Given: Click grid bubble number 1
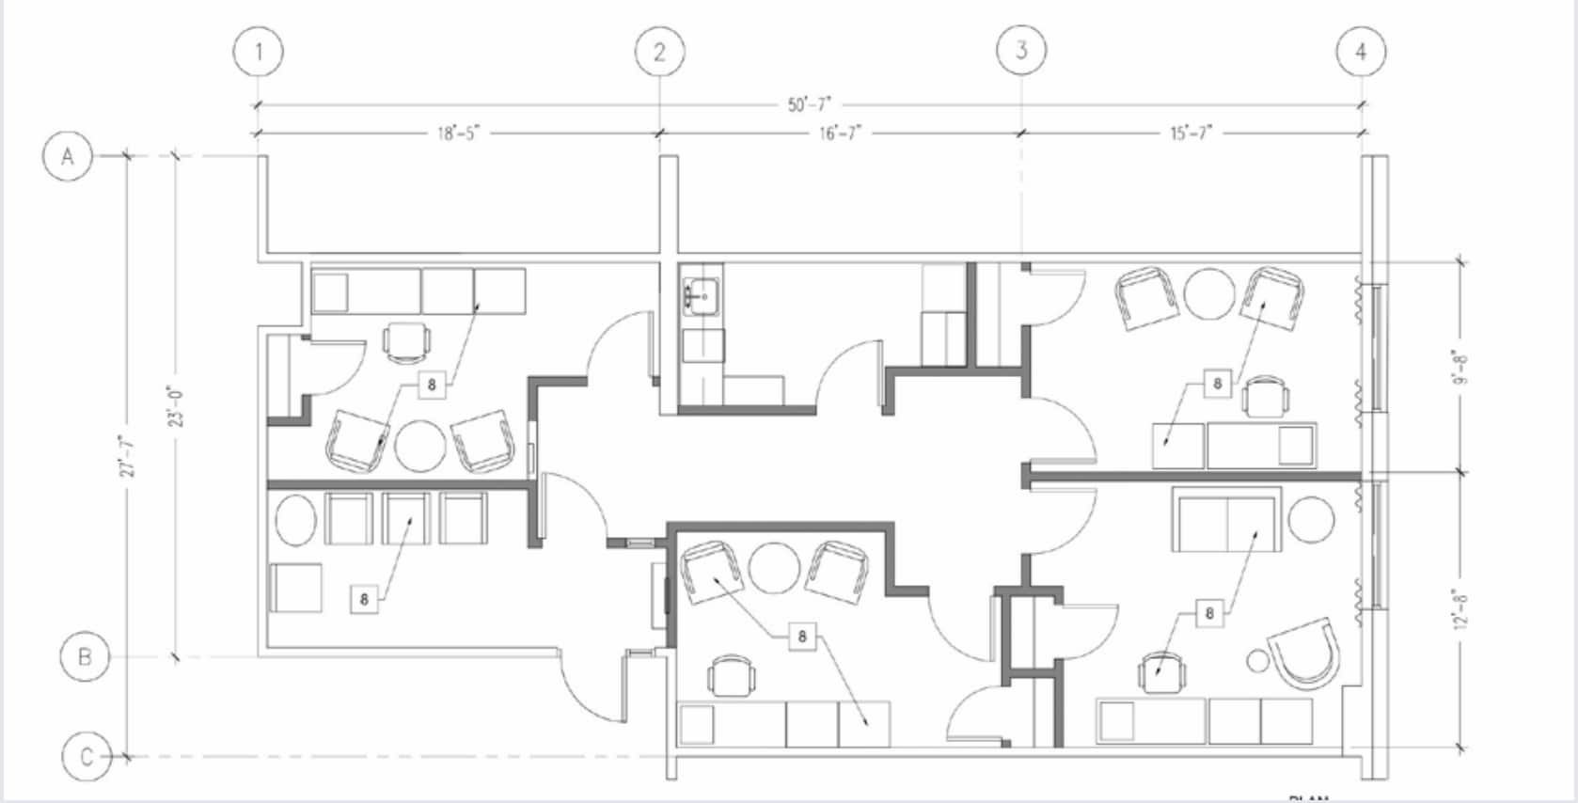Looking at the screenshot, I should (x=259, y=51).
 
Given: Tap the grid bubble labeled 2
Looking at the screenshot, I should (x=658, y=51).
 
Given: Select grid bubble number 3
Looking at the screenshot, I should (x=1021, y=49).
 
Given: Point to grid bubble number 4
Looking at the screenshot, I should (x=1361, y=51).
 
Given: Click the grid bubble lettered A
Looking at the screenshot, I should (x=68, y=155).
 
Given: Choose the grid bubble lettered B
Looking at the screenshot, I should (x=85, y=656).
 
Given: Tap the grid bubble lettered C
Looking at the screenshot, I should (x=87, y=756).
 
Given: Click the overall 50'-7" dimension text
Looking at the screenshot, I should (x=810, y=104).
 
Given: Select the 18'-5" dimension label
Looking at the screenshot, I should (x=458, y=134).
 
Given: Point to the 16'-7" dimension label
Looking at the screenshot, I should (x=840, y=134).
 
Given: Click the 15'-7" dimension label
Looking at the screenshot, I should (x=1191, y=134).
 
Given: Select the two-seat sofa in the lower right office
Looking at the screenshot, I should (x=1226, y=519).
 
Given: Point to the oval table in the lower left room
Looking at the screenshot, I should (x=294, y=520).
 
